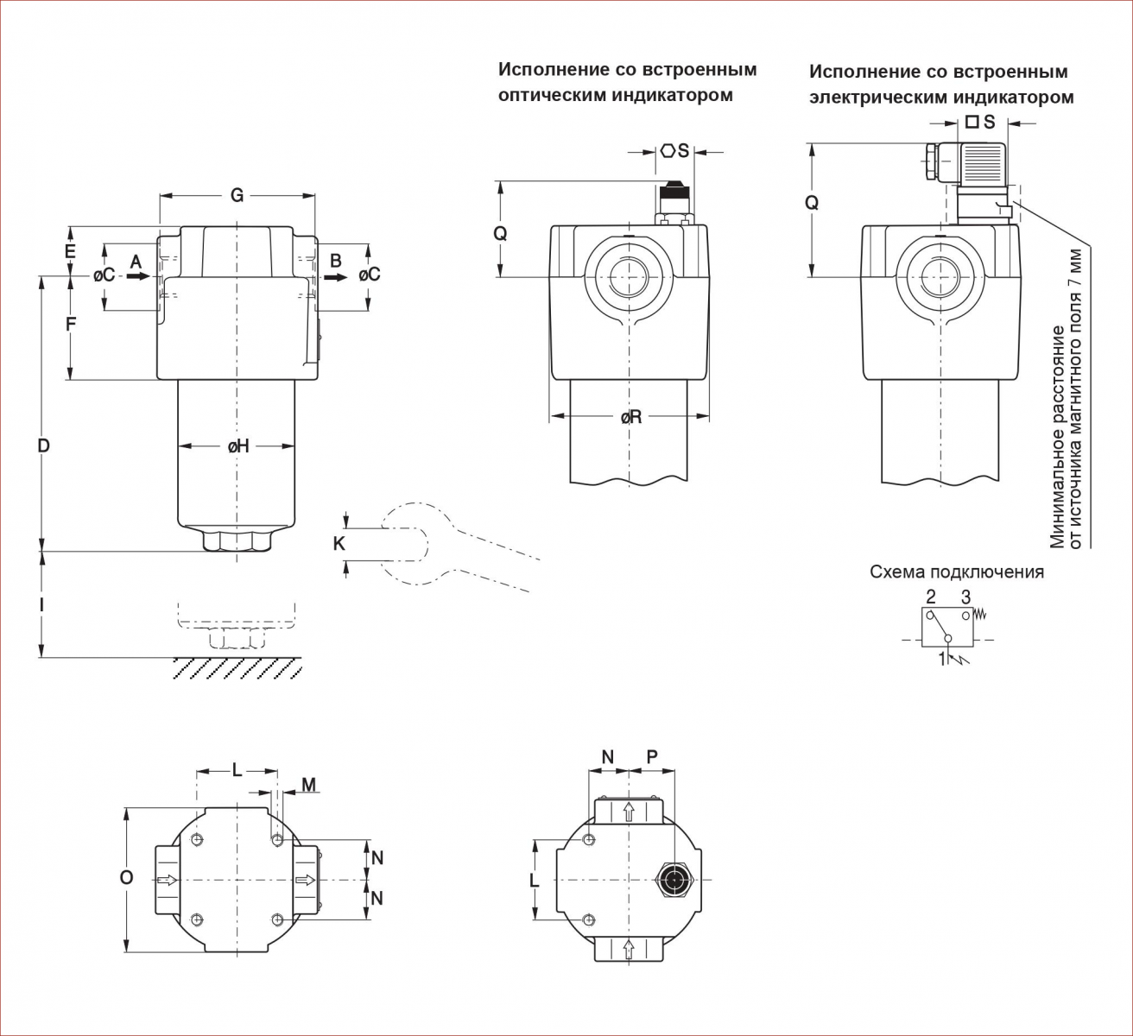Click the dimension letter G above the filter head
tap(237, 195)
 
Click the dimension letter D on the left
tap(43, 445)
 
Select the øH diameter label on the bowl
tap(238, 447)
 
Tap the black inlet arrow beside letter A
tap(138, 276)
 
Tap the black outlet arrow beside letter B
tap(335, 277)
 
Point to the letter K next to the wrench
tap(339, 543)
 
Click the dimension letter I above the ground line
tap(41, 605)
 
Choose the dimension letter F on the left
tap(71, 325)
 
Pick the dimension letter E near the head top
tap(70, 250)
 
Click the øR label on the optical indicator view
tap(631, 417)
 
